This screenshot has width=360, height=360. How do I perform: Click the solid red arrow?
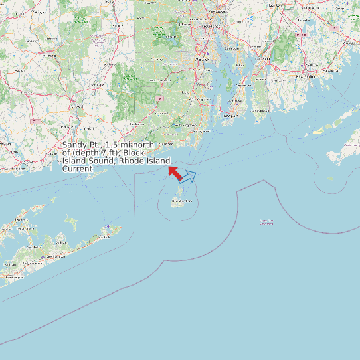pos(175,171)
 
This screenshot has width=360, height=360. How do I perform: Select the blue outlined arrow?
pos(188,176)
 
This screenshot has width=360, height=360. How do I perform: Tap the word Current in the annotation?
pos(76,169)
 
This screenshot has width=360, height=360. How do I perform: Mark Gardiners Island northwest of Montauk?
pos(70,219)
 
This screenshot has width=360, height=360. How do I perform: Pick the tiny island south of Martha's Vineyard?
pos(330,178)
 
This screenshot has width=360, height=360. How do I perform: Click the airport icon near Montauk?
pos(108,226)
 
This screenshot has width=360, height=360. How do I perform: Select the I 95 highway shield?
pos(158,98)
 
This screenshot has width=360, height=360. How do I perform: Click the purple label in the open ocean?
pos(266,222)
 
